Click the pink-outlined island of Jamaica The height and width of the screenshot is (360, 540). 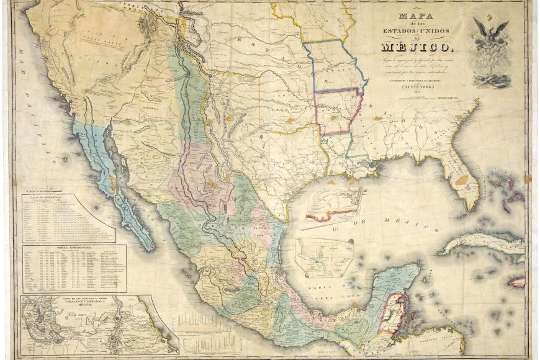[516, 282]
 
